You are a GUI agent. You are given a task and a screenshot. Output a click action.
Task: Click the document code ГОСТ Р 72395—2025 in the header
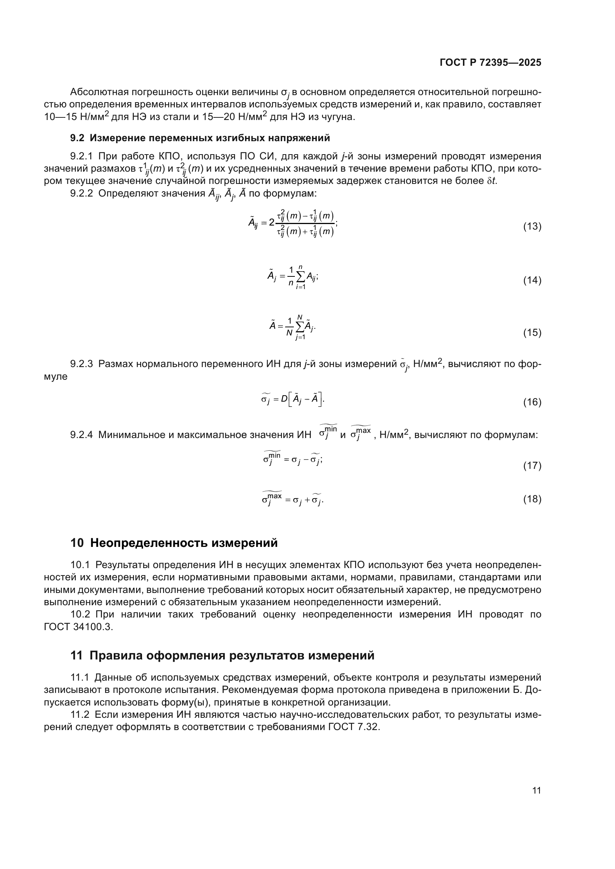click(490, 63)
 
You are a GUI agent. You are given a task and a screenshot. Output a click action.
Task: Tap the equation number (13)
click(532, 226)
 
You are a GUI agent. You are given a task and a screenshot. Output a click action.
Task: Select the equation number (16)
click(532, 402)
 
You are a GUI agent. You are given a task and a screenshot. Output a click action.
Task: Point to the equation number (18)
click(532, 499)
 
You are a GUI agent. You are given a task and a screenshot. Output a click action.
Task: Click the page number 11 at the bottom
click(537, 790)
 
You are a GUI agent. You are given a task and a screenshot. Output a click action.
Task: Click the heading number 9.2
click(77, 138)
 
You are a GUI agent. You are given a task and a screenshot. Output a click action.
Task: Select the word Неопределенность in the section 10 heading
click(149, 543)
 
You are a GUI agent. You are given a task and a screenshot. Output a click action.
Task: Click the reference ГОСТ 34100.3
click(78, 626)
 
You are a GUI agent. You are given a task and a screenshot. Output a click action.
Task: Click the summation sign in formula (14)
click(301, 277)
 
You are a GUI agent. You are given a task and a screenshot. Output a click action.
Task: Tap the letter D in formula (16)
click(284, 399)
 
